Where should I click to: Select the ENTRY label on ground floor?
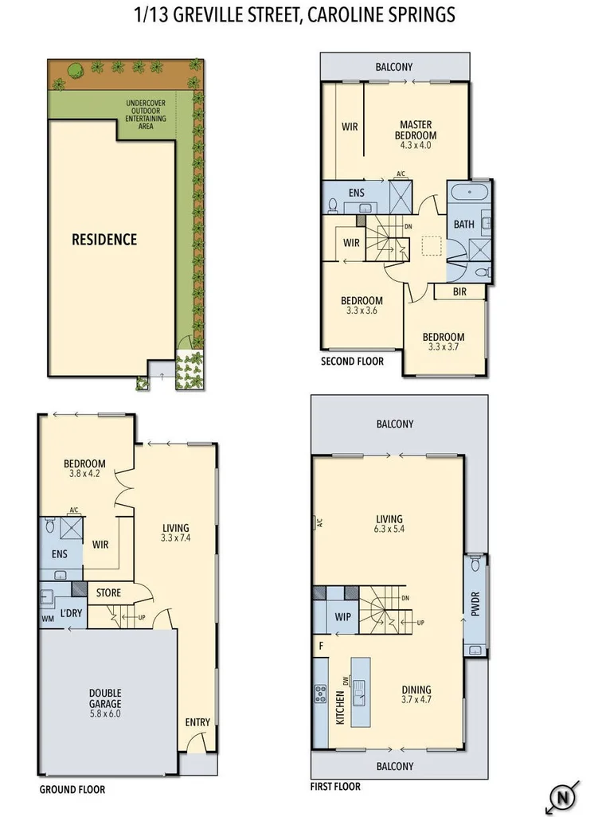(197, 722)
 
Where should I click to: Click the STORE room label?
(109, 592)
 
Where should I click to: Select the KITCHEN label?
(340, 706)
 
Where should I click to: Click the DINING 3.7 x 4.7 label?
(416, 695)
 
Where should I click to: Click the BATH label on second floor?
(463, 225)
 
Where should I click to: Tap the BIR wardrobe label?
(459, 292)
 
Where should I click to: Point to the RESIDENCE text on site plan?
(104, 239)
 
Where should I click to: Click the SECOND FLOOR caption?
(352, 361)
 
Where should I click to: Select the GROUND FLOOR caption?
(72, 790)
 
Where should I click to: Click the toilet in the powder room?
(475, 565)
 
